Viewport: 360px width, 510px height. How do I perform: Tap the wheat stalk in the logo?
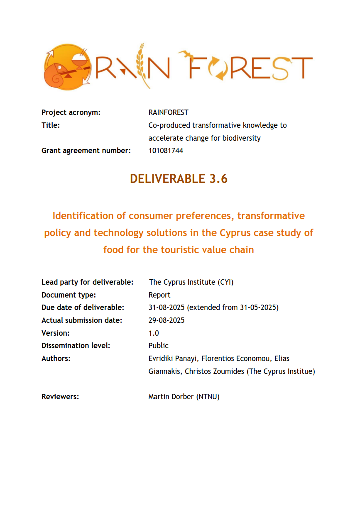point(142,65)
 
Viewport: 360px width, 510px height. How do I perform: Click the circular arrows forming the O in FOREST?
point(219,68)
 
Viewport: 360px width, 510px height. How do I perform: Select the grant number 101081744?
point(166,151)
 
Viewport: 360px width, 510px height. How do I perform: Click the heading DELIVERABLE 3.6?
point(179,178)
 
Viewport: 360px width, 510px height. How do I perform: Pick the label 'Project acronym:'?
point(71,112)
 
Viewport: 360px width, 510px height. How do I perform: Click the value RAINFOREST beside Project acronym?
point(168,112)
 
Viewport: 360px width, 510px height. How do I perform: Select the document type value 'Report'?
point(159,295)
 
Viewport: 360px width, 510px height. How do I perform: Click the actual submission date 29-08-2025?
point(167,320)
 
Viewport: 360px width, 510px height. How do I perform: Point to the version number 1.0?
point(154,333)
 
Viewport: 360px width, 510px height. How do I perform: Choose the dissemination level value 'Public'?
point(158,346)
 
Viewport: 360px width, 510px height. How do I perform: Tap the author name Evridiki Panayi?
point(173,359)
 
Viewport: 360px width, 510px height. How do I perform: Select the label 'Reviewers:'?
point(60,397)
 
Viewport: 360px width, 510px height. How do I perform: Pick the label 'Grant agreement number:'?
point(86,151)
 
